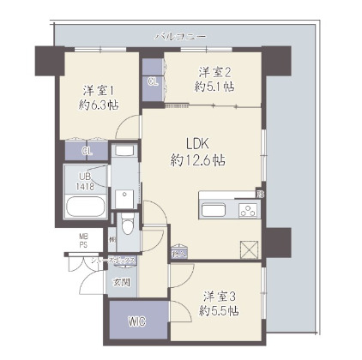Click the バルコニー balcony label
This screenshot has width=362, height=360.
181,37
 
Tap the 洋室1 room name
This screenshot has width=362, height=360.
100,89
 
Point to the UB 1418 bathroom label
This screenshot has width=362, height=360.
86,180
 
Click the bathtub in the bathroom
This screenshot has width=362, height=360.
85,208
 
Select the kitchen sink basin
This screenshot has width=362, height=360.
212,210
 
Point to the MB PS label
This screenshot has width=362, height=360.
85,240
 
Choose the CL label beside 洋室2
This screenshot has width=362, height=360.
154,82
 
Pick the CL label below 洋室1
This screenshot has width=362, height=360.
87,151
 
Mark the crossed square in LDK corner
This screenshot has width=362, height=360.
249,249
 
